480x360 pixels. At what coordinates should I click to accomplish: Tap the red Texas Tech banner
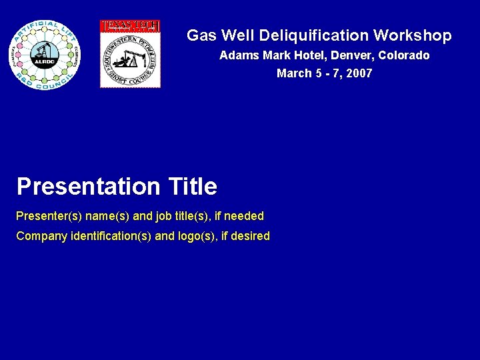[x=130, y=26]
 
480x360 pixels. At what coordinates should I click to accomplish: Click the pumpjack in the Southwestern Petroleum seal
[x=127, y=58]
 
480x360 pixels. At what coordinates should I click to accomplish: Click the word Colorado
[x=404, y=55]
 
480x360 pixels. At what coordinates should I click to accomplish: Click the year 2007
[x=359, y=73]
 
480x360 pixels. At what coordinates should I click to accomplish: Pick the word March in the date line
[x=293, y=73]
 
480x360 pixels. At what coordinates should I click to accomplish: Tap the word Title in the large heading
[x=193, y=187]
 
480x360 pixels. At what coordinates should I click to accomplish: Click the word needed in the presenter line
[x=244, y=216]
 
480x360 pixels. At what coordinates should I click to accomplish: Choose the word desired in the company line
[x=251, y=236]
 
